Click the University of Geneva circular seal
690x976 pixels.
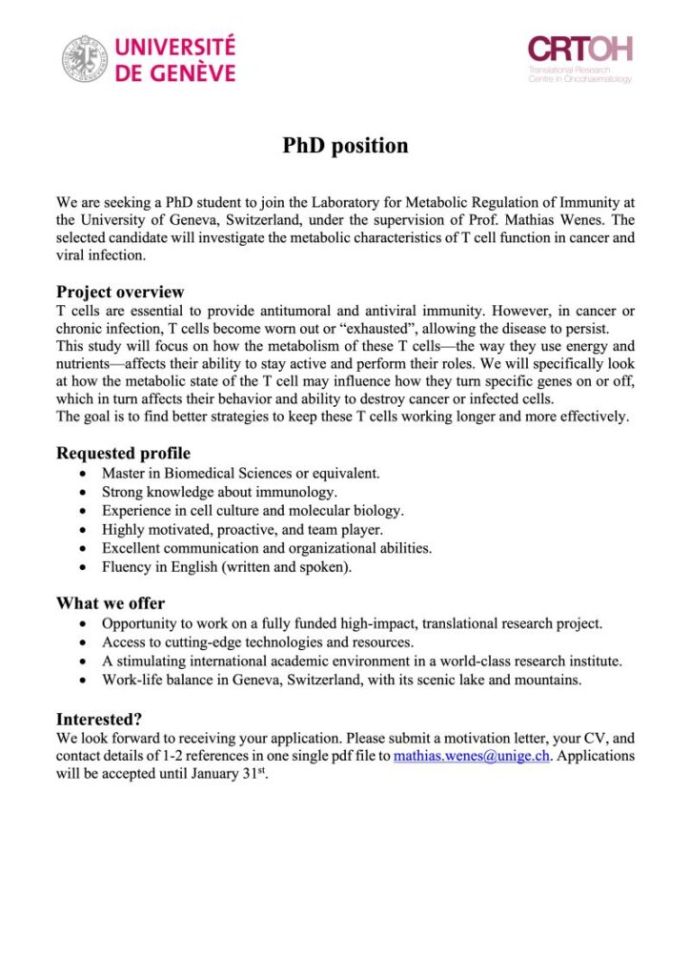(x=85, y=58)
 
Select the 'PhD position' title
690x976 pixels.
(x=345, y=146)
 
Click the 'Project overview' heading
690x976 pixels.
(x=120, y=292)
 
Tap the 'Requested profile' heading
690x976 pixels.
(x=123, y=453)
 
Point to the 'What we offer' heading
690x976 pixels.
(x=111, y=603)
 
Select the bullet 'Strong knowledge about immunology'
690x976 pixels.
(x=219, y=492)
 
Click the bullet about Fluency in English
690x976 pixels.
(x=227, y=567)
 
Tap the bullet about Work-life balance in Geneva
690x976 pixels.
(x=342, y=680)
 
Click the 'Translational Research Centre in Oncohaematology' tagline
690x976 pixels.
(x=579, y=74)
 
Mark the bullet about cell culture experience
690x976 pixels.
(x=253, y=510)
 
